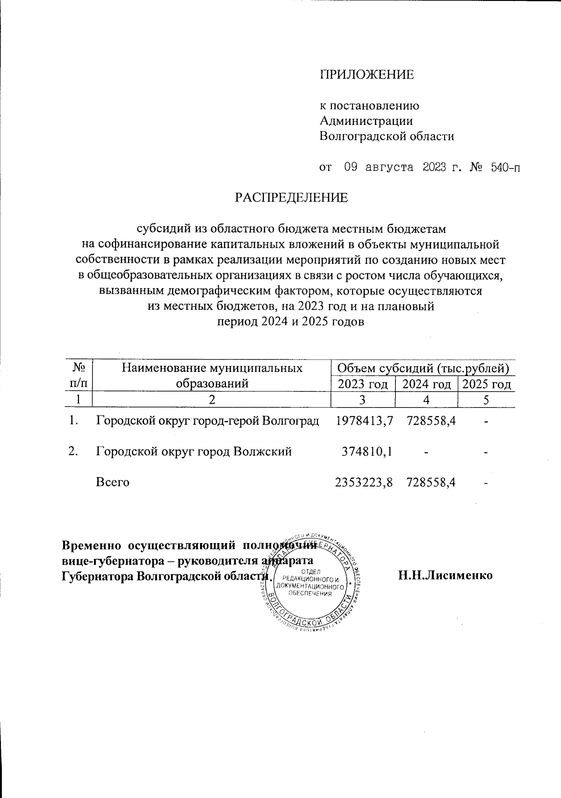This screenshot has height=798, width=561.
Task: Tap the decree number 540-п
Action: [x=505, y=167]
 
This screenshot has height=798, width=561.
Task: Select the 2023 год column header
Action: [x=363, y=384]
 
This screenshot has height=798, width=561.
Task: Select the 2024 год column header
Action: [x=426, y=384]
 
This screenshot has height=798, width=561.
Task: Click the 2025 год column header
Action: [x=486, y=384]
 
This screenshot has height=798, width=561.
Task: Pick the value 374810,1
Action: [x=367, y=451]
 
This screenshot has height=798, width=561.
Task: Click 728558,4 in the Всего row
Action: [x=431, y=482]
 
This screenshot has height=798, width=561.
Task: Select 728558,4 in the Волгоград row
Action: [x=431, y=421]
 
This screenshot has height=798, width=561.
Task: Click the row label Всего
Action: [x=112, y=482]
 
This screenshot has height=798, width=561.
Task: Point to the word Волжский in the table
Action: [x=262, y=451]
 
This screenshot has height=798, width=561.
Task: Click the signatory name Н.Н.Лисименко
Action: [x=445, y=575]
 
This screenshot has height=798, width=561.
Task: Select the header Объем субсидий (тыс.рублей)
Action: [x=423, y=369]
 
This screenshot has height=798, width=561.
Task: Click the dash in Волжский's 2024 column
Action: [x=426, y=452]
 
